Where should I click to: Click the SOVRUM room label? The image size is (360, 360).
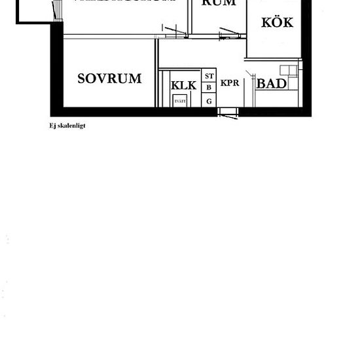[109, 79]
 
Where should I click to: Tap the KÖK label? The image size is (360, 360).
[278, 22]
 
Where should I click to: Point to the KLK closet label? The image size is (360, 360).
[183, 86]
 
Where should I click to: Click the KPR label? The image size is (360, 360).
[230, 83]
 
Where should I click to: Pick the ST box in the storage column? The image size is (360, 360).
[209, 76]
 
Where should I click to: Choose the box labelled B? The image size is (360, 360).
[209, 88]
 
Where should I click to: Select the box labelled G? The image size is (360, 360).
[209, 101]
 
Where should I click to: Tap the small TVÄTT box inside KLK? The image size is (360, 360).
[180, 100]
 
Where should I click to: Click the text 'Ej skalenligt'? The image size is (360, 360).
[62, 126]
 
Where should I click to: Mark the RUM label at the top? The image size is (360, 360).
[219, 3]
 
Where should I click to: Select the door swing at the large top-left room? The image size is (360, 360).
[174, 30]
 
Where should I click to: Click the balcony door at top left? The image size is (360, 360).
[56, 10]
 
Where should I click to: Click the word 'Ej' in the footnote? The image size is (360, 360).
[44, 126]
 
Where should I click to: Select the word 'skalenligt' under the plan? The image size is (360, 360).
[67, 126]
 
